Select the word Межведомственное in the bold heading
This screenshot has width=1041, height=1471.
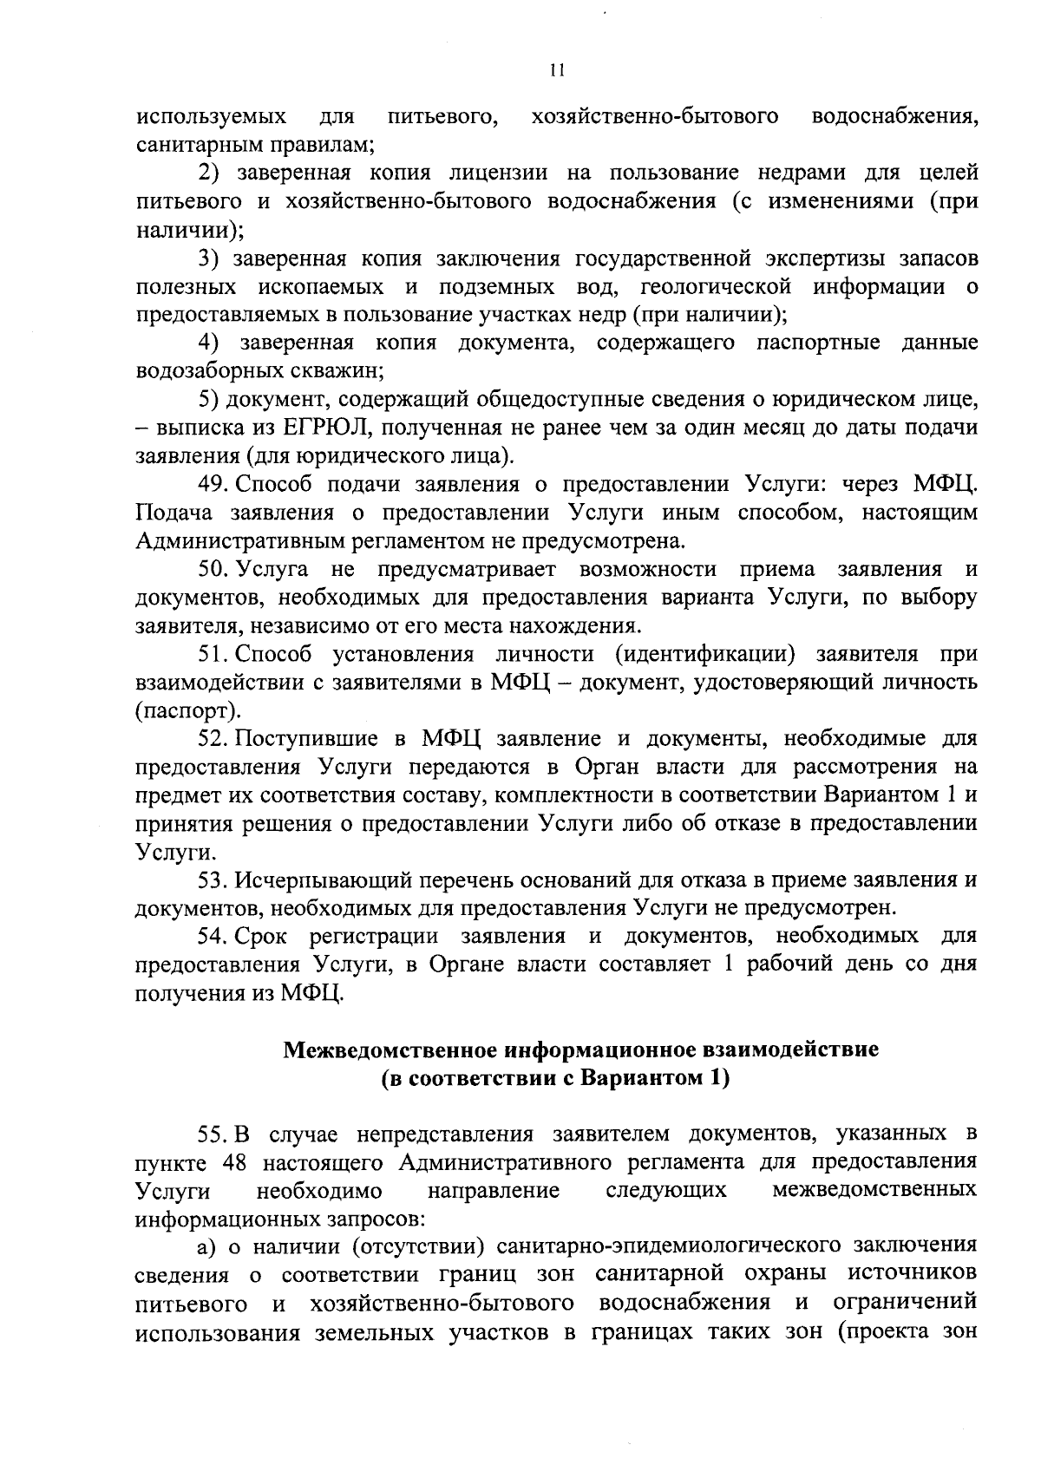click(x=391, y=1050)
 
